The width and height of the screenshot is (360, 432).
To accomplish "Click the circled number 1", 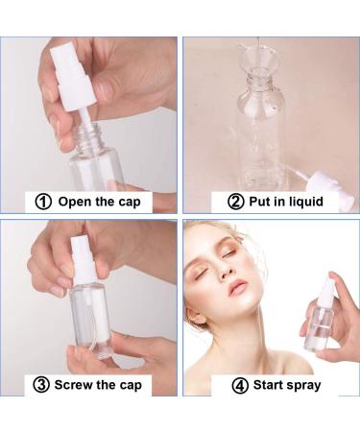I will (x=41, y=202).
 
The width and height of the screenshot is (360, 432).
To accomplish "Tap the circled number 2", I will (x=235, y=202).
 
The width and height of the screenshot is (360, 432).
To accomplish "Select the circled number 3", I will (x=41, y=385).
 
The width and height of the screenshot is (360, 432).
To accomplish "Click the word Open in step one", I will (x=75, y=202).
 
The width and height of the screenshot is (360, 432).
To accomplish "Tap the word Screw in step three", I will (x=79, y=385).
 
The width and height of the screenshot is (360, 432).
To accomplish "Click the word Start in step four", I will (x=268, y=385).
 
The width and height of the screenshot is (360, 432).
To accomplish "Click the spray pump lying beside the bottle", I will (x=317, y=179).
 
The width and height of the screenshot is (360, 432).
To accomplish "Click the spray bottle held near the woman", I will (x=319, y=322).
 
